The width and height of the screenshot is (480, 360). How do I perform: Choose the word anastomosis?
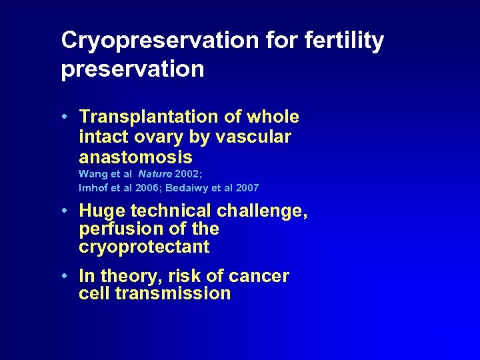point(135,157)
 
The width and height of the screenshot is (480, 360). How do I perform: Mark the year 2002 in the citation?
point(186,174)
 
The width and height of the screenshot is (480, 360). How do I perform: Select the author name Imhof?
point(93,188)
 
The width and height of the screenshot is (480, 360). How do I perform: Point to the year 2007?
point(247,188)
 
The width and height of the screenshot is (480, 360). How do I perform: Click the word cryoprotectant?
point(144,247)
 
